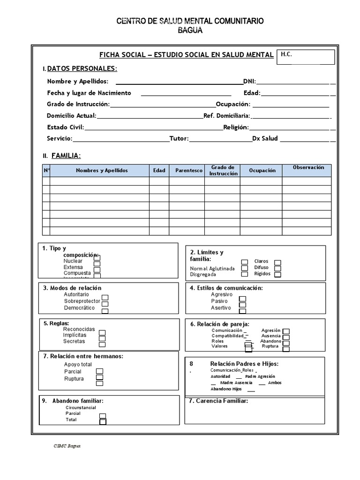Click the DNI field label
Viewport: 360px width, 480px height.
coord(249,81)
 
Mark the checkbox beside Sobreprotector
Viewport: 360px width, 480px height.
coord(105,297)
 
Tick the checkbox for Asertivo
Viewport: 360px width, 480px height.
coord(242,311)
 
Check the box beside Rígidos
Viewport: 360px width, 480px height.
coord(277,275)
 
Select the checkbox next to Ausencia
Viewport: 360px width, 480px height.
coord(286,337)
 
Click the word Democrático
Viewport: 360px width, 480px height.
coord(79,308)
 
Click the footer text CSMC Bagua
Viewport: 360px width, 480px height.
coord(67,446)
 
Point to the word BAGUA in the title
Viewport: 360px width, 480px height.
coord(190,30)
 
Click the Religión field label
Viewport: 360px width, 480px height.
coord(236,127)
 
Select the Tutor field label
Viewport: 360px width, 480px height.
coord(179,138)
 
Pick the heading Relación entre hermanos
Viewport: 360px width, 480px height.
coord(83,356)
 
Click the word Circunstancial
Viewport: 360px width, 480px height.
coord(81,408)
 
